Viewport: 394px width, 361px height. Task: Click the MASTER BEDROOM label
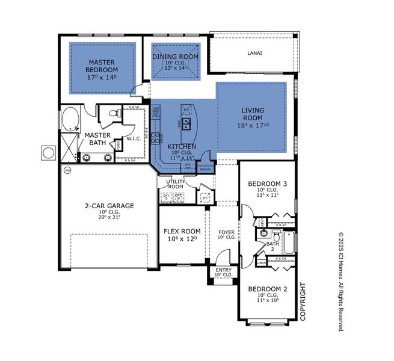click(x=102, y=66)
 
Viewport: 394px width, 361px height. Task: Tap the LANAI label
click(x=254, y=53)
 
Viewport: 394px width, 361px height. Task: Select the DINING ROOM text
click(x=175, y=57)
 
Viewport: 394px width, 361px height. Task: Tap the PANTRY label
click(x=206, y=169)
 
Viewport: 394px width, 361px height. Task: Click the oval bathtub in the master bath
click(x=70, y=119)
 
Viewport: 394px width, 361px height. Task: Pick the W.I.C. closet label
click(x=134, y=140)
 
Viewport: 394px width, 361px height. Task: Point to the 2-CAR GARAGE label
click(x=109, y=206)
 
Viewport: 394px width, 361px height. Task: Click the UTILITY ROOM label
click(x=176, y=184)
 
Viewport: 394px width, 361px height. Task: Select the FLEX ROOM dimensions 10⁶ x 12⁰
click(x=182, y=239)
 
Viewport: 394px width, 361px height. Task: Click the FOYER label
click(x=226, y=232)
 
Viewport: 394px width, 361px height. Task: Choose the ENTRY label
click(x=223, y=270)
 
